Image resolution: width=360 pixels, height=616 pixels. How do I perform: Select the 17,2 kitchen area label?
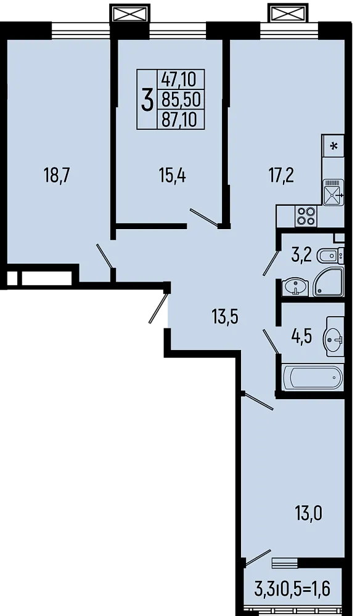[x=281, y=176]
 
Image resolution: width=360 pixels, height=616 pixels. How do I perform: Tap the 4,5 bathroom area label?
[x=301, y=337]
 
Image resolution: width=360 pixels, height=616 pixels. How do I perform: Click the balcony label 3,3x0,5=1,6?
[x=292, y=589]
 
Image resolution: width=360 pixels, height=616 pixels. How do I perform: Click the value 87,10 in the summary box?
[x=179, y=118]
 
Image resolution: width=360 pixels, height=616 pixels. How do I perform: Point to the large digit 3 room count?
[x=147, y=99]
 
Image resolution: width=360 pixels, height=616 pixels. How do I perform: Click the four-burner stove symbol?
[x=306, y=216]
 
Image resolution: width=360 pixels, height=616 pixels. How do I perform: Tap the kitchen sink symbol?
[x=333, y=192]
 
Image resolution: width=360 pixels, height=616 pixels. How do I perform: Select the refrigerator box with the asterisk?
[x=333, y=146]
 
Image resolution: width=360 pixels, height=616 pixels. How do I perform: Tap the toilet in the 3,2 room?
[x=333, y=254]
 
